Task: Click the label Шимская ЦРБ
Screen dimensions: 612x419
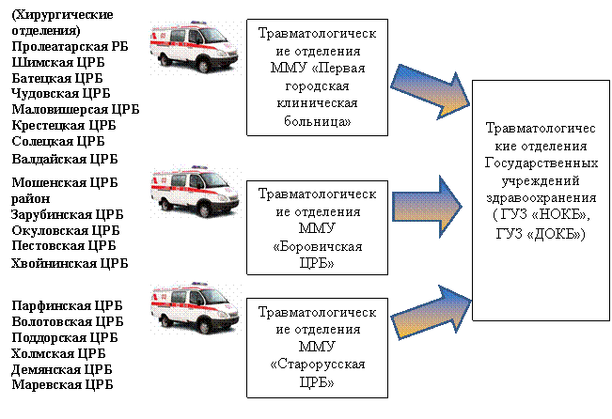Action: click(x=58, y=62)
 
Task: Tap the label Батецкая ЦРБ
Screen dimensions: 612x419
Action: click(x=57, y=78)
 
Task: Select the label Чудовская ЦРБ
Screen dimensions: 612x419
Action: click(x=61, y=94)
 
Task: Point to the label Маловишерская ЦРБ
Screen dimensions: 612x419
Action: click(x=75, y=110)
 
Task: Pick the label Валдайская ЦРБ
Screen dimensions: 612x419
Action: click(x=65, y=159)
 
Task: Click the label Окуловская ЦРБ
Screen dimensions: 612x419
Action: click(x=66, y=230)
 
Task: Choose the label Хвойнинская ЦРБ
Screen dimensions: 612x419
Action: click(x=70, y=263)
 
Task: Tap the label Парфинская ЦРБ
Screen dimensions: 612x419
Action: click(x=67, y=305)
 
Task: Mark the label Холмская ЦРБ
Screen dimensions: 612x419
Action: click(x=58, y=354)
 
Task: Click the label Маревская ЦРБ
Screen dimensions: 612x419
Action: click(x=62, y=384)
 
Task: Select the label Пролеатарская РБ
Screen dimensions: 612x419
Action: click(x=70, y=46)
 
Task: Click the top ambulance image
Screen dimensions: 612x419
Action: click(x=194, y=46)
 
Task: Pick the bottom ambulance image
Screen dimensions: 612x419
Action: click(x=195, y=308)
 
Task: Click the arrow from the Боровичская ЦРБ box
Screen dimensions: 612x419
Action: click(x=428, y=207)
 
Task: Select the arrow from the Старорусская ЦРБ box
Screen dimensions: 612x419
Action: click(x=431, y=313)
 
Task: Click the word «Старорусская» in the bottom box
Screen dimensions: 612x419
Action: click(x=318, y=365)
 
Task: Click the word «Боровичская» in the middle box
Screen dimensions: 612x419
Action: click(x=318, y=247)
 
